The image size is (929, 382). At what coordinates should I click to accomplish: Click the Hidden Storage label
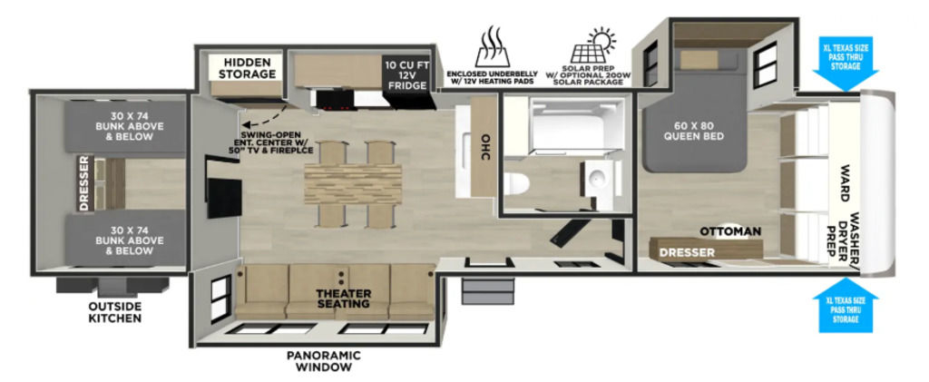(x=248, y=68)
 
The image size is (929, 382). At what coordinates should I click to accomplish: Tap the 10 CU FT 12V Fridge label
(x=406, y=75)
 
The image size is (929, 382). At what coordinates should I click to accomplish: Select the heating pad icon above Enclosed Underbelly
(x=493, y=47)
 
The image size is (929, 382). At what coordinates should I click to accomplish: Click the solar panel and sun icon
(x=592, y=45)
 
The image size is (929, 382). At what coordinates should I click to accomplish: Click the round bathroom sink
(x=595, y=175)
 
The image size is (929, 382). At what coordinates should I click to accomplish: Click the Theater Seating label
(x=344, y=299)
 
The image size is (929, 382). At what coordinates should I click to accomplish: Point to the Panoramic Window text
(x=324, y=361)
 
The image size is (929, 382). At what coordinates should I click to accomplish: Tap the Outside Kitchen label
(x=115, y=312)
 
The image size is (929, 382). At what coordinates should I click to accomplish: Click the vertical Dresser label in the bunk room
(x=83, y=183)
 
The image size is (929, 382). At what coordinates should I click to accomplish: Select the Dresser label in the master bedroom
(x=688, y=253)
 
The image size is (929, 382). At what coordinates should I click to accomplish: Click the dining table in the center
(x=353, y=183)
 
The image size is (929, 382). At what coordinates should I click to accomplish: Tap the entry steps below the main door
(x=487, y=292)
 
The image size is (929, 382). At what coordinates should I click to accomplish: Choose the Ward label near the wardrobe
(x=846, y=183)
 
